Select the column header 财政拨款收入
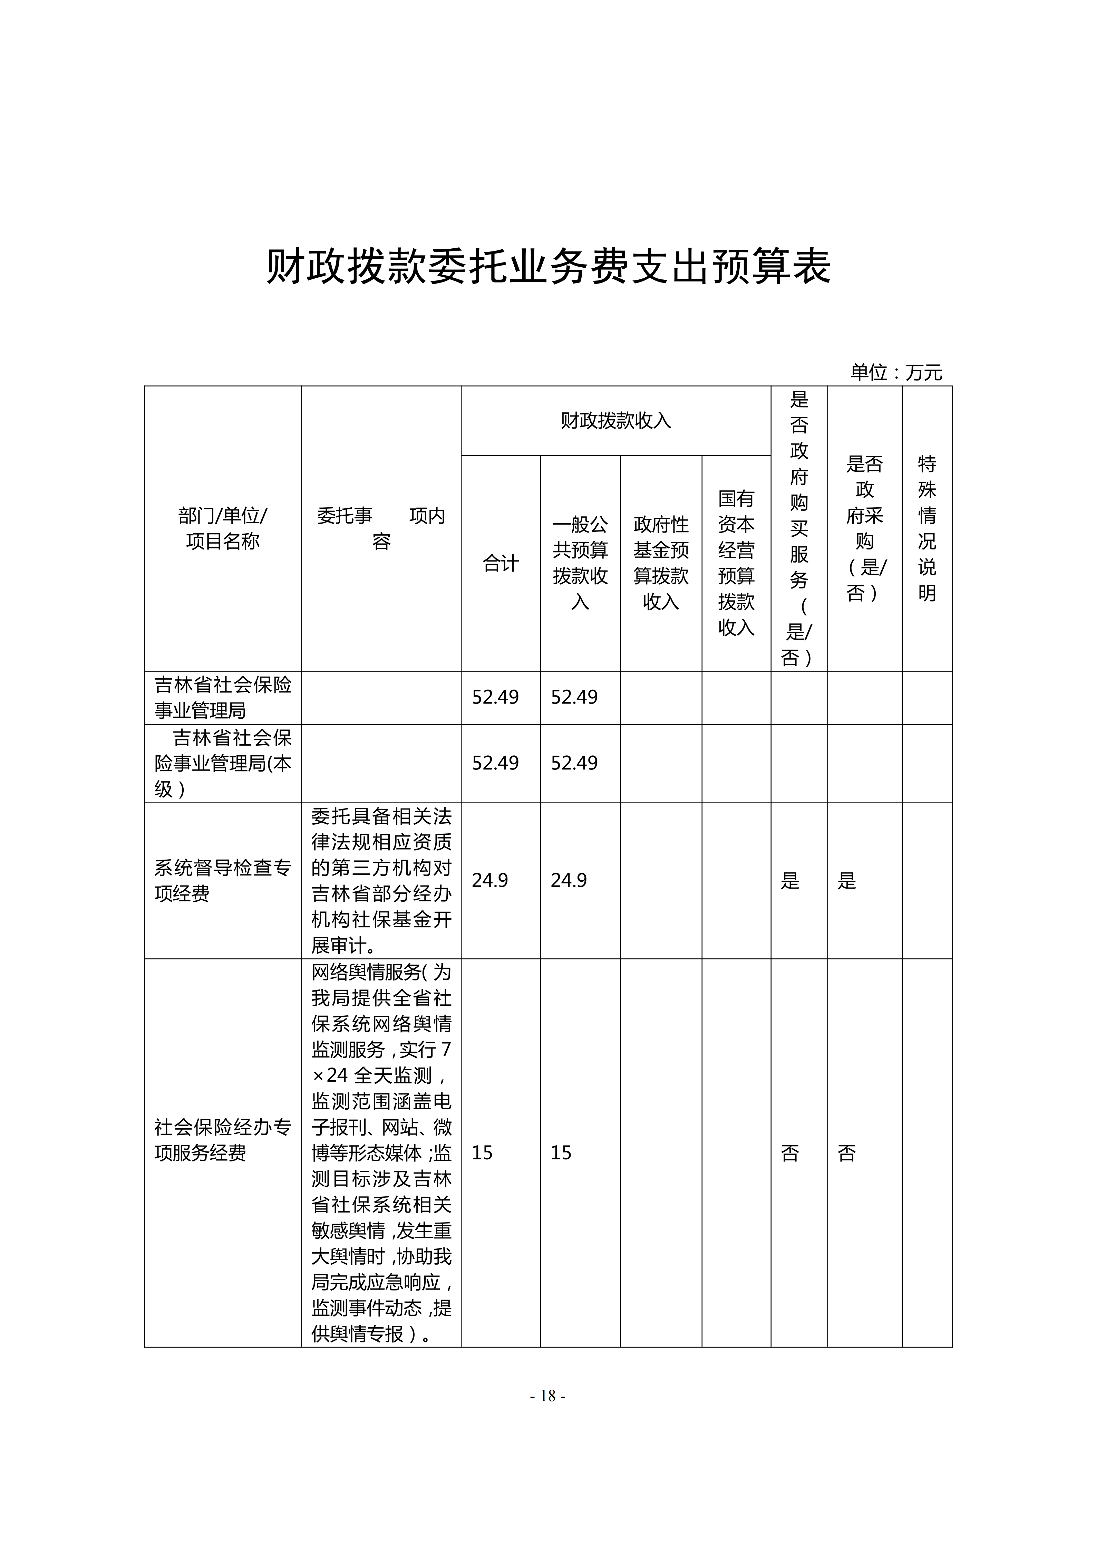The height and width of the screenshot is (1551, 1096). [616, 421]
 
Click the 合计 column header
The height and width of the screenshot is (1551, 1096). [501, 563]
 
